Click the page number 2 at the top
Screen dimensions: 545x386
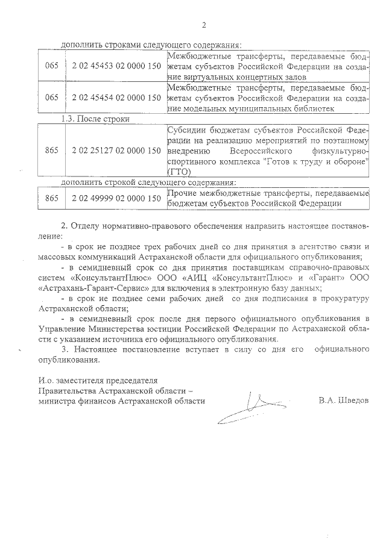[203, 25]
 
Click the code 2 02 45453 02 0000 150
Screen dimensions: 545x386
[116, 65]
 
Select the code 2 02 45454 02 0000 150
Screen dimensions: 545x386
[116, 97]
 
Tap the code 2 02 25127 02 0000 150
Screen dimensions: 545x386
[116, 151]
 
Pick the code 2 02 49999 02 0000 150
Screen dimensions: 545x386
[116, 198]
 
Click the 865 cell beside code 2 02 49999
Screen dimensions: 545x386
[51, 198]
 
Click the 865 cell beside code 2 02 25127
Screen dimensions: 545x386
[51, 151]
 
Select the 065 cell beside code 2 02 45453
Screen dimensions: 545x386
[51, 65]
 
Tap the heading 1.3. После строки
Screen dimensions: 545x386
[96, 119]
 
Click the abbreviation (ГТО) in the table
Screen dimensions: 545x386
[178, 172]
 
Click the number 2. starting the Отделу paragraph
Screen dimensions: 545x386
[65, 226]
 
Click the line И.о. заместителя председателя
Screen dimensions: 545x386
[96, 380]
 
